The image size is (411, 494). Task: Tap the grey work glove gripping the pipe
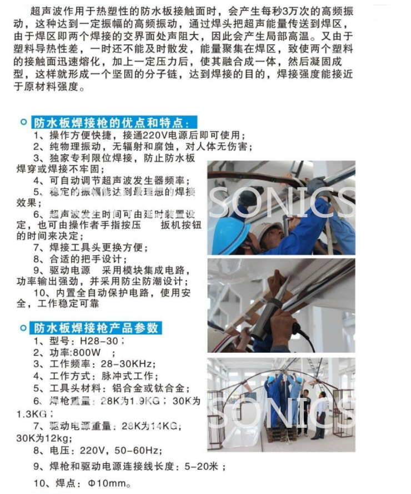tap(316, 186)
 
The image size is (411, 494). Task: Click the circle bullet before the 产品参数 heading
tap(23, 328)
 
